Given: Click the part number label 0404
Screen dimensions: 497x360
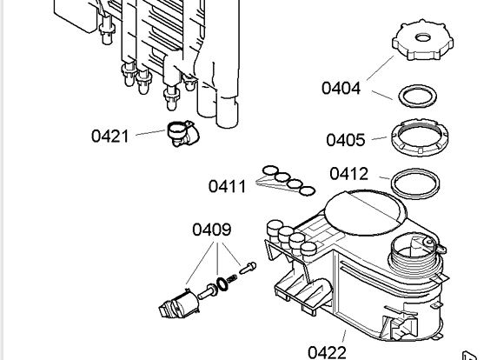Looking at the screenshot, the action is (x=341, y=88).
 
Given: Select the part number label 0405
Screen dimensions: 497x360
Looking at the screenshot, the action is (x=346, y=140).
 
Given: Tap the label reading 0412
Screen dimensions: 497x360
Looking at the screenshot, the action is (x=349, y=174).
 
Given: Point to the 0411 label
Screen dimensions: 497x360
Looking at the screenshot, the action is (x=228, y=186).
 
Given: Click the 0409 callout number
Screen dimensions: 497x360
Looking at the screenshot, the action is (x=212, y=230).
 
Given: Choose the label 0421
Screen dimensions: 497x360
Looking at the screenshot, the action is (x=110, y=136).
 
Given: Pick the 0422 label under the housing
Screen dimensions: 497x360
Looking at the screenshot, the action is (x=327, y=353).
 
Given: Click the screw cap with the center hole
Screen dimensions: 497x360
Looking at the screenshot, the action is (x=422, y=40).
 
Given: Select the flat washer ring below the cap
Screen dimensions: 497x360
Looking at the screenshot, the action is (x=417, y=97).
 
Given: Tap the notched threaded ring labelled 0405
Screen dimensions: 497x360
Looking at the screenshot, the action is (x=420, y=137).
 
